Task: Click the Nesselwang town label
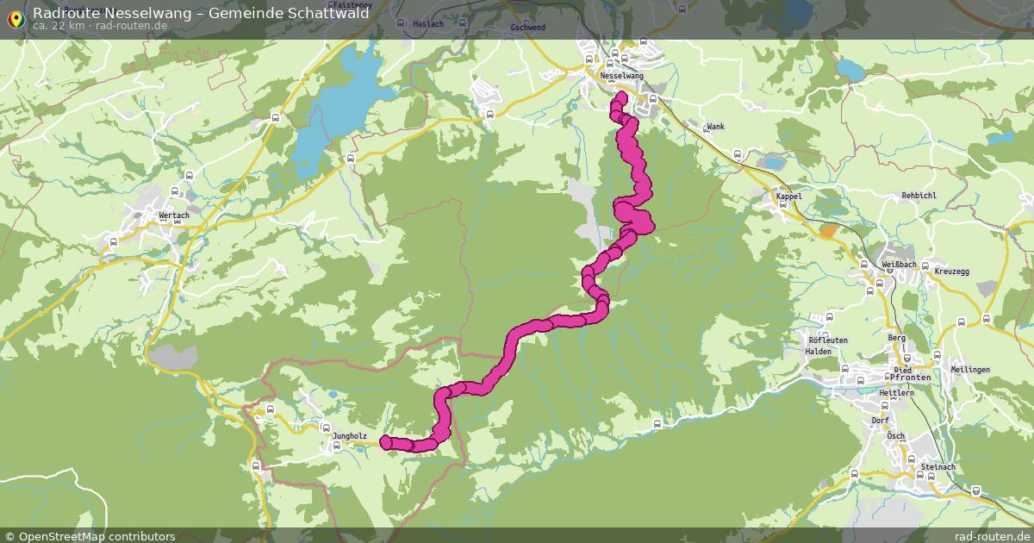(621, 76)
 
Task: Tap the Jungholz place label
(349, 436)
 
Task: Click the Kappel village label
(788, 197)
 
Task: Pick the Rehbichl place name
(919, 196)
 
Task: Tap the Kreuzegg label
(951, 271)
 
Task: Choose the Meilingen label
(969, 370)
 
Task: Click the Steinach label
(938, 467)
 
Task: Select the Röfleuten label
(826, 340)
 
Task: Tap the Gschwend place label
(528, 27)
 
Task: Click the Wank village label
(715, 127)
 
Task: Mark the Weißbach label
(899, 264)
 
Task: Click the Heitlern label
(896, 393)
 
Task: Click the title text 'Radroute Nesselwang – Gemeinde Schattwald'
(201, 13)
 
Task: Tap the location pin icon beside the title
(16, 18)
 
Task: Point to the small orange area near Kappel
(827, 230)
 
